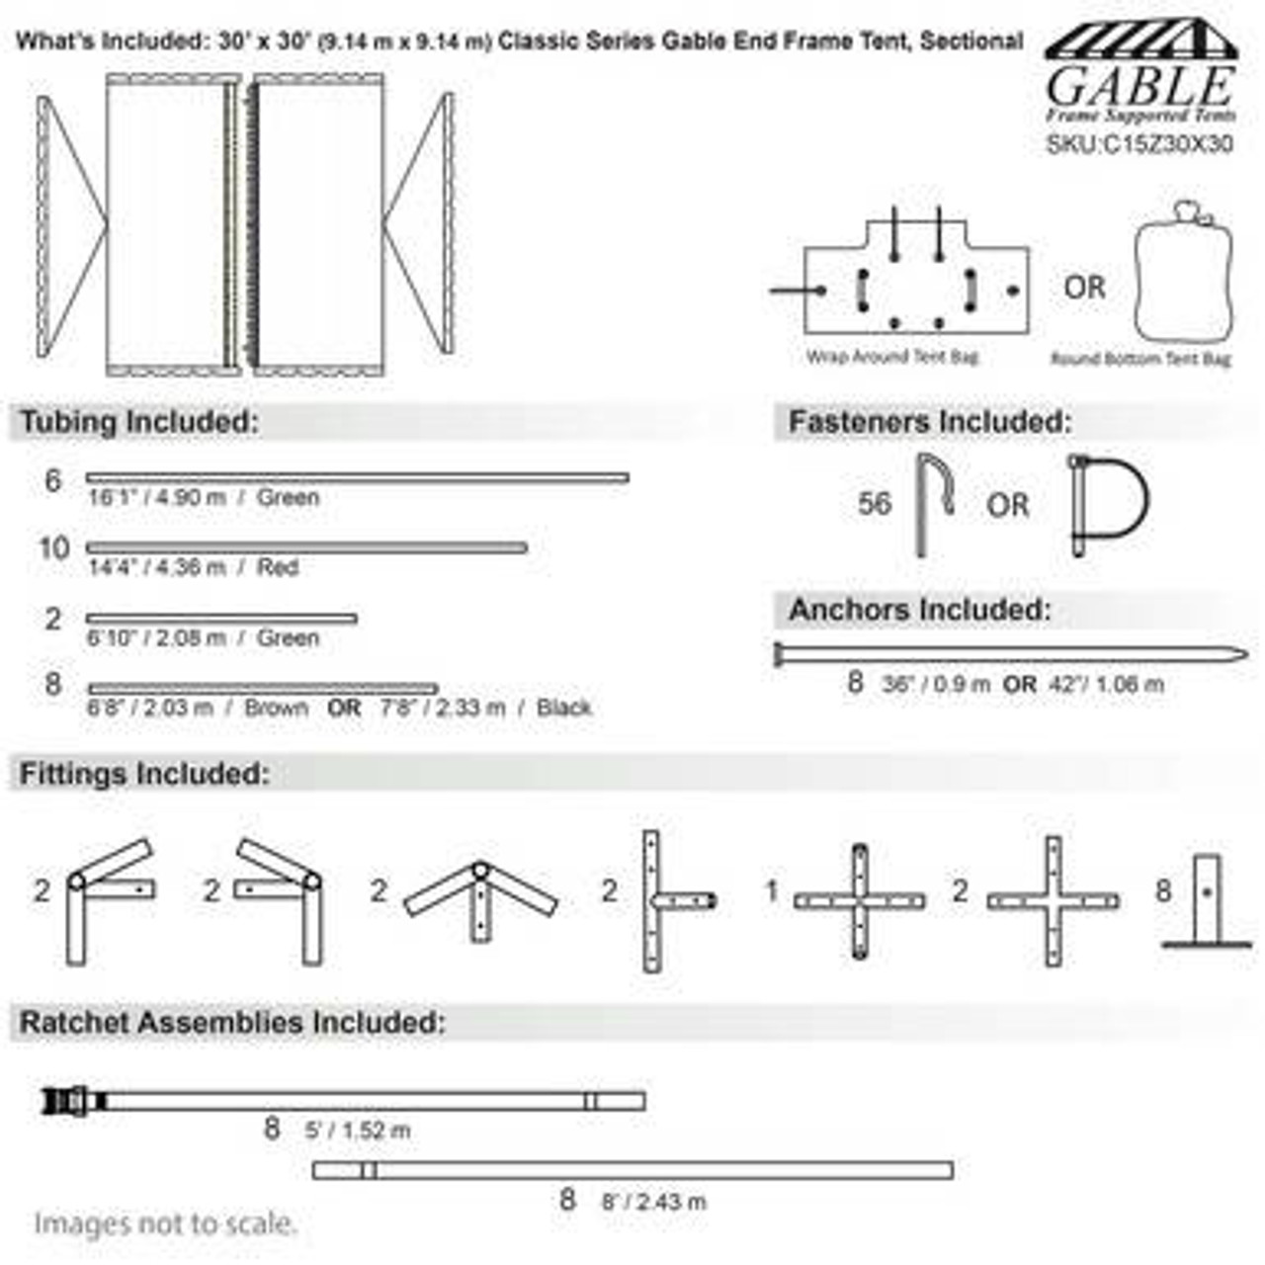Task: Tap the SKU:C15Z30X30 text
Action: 1139,144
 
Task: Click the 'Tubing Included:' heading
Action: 138,422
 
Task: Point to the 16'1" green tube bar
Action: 357,478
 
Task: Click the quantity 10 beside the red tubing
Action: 53,548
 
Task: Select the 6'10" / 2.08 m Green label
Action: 203,638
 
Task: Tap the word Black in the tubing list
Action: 564,708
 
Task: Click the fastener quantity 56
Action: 874,504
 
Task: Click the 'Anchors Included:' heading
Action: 919,610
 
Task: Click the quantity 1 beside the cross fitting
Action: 772,891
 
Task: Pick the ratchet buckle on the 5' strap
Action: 72,1100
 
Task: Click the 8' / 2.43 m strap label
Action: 653,1202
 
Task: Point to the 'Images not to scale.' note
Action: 165,1223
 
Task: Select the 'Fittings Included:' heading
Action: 144,774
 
